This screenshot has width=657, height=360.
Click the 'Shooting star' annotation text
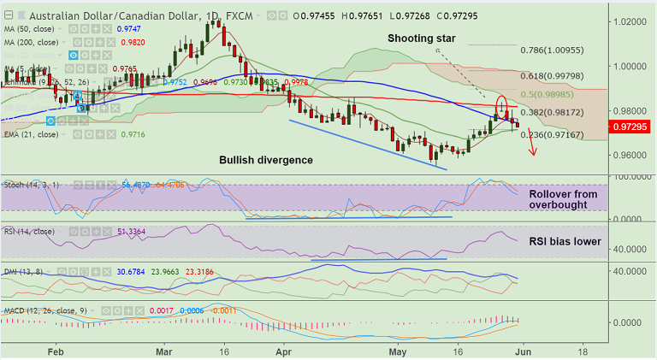pos(422,38)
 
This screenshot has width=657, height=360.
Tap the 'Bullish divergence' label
pos(265,160)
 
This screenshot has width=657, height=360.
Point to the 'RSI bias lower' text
pos(565,242)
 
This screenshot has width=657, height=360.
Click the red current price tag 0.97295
pos(634,127)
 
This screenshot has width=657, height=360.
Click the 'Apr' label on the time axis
pos(283,351)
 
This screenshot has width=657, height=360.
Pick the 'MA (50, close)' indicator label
pos(33,28)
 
